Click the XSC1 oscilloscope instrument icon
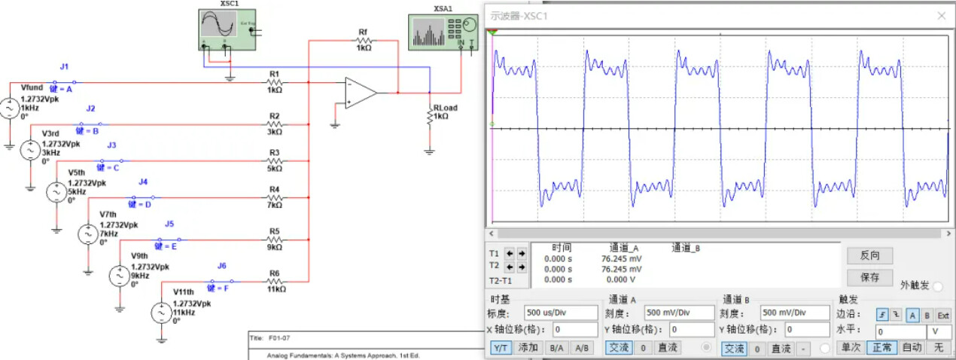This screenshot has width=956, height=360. click(227, 29)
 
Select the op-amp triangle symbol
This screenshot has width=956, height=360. click(360, 93)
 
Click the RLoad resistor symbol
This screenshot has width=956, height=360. click(430, 117)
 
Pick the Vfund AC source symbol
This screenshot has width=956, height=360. click(10, 108)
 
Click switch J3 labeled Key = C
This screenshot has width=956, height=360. click(110, 160)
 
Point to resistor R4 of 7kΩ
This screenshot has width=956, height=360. click(275, 197)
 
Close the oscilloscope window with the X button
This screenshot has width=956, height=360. click(941, 15)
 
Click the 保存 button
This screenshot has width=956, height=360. click(869, 277)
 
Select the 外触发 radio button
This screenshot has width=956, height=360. click(938, 286)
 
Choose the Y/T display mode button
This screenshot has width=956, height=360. click(501, 348)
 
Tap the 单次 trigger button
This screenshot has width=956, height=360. click(851, 348)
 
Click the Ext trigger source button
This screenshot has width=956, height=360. click(942, 316)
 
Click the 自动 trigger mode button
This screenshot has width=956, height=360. click(912, 348)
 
